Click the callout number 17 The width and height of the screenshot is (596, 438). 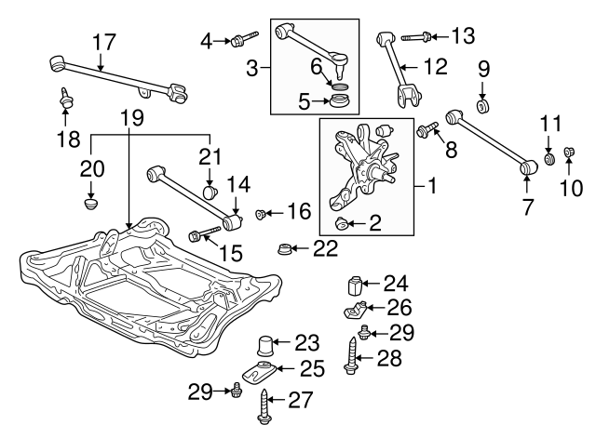(104, 41)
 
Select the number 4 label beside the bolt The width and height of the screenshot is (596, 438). (207, 39)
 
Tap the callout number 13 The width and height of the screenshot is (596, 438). (462, 36)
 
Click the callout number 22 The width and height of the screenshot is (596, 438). (325, 248)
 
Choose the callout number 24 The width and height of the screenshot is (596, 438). (397, 283)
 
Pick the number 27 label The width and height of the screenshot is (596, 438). (301, 401)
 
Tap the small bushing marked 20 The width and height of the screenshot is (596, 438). (91, 200)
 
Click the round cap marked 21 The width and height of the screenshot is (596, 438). (210, 192)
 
